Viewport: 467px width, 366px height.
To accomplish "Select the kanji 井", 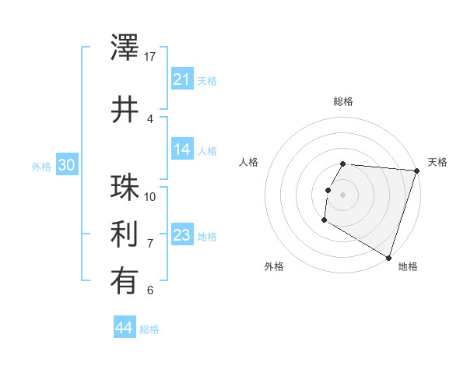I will pos(125,110).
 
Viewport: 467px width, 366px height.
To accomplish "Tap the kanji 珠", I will pos(125,188).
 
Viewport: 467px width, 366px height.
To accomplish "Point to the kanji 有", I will pos(125,282).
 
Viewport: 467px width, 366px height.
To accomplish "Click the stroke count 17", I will pos(151,57).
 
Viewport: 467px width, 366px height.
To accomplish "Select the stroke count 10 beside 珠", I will pos(151,196).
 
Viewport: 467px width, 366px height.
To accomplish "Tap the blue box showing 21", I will pos(181,79).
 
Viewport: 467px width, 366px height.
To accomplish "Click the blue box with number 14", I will pos(181,150).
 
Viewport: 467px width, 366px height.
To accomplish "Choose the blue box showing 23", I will pos(181,235).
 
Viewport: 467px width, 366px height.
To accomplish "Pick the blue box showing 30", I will pos(66,165).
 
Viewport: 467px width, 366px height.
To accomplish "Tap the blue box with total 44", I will pos(124,328).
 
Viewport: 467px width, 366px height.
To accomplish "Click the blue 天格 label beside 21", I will pos(207,81).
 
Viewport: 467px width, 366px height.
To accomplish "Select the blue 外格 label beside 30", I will pos(41,167).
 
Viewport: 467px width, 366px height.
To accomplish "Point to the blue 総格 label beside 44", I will pos(149,329).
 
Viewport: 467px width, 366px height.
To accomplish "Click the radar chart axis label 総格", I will pos(343,101).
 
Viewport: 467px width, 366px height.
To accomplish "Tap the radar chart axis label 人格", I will pos(249,162).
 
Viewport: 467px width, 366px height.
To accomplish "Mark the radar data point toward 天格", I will pos(416,171).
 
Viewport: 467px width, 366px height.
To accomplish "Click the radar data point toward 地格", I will pos(388,256).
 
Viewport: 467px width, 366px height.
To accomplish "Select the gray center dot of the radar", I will pos(343,195).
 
